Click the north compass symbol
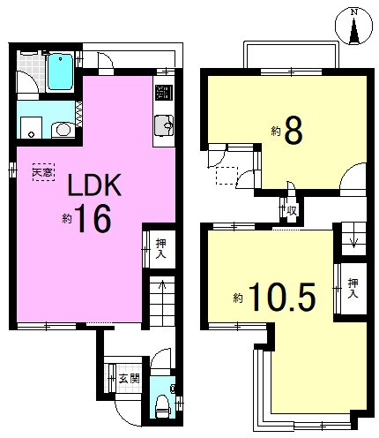tap(354, 26)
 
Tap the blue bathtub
tap(60, 72)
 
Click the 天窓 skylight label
tap(43, 172)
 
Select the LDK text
tap(94, 185)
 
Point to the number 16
tap(93, 218)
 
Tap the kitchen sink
tap(164, 125)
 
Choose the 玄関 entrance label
tap(129, 379)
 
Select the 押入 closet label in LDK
tap(161, 249)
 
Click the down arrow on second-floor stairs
tap(354, 240)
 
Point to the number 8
tap(294, 131)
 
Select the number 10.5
tap(283, 297)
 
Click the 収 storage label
tap(292, 210)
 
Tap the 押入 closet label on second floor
tap(353, 288)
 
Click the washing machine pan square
tap(31, 127)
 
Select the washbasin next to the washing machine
tap(63, 130)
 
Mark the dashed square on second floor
tap(227, 176)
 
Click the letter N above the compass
tap(354, 12)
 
